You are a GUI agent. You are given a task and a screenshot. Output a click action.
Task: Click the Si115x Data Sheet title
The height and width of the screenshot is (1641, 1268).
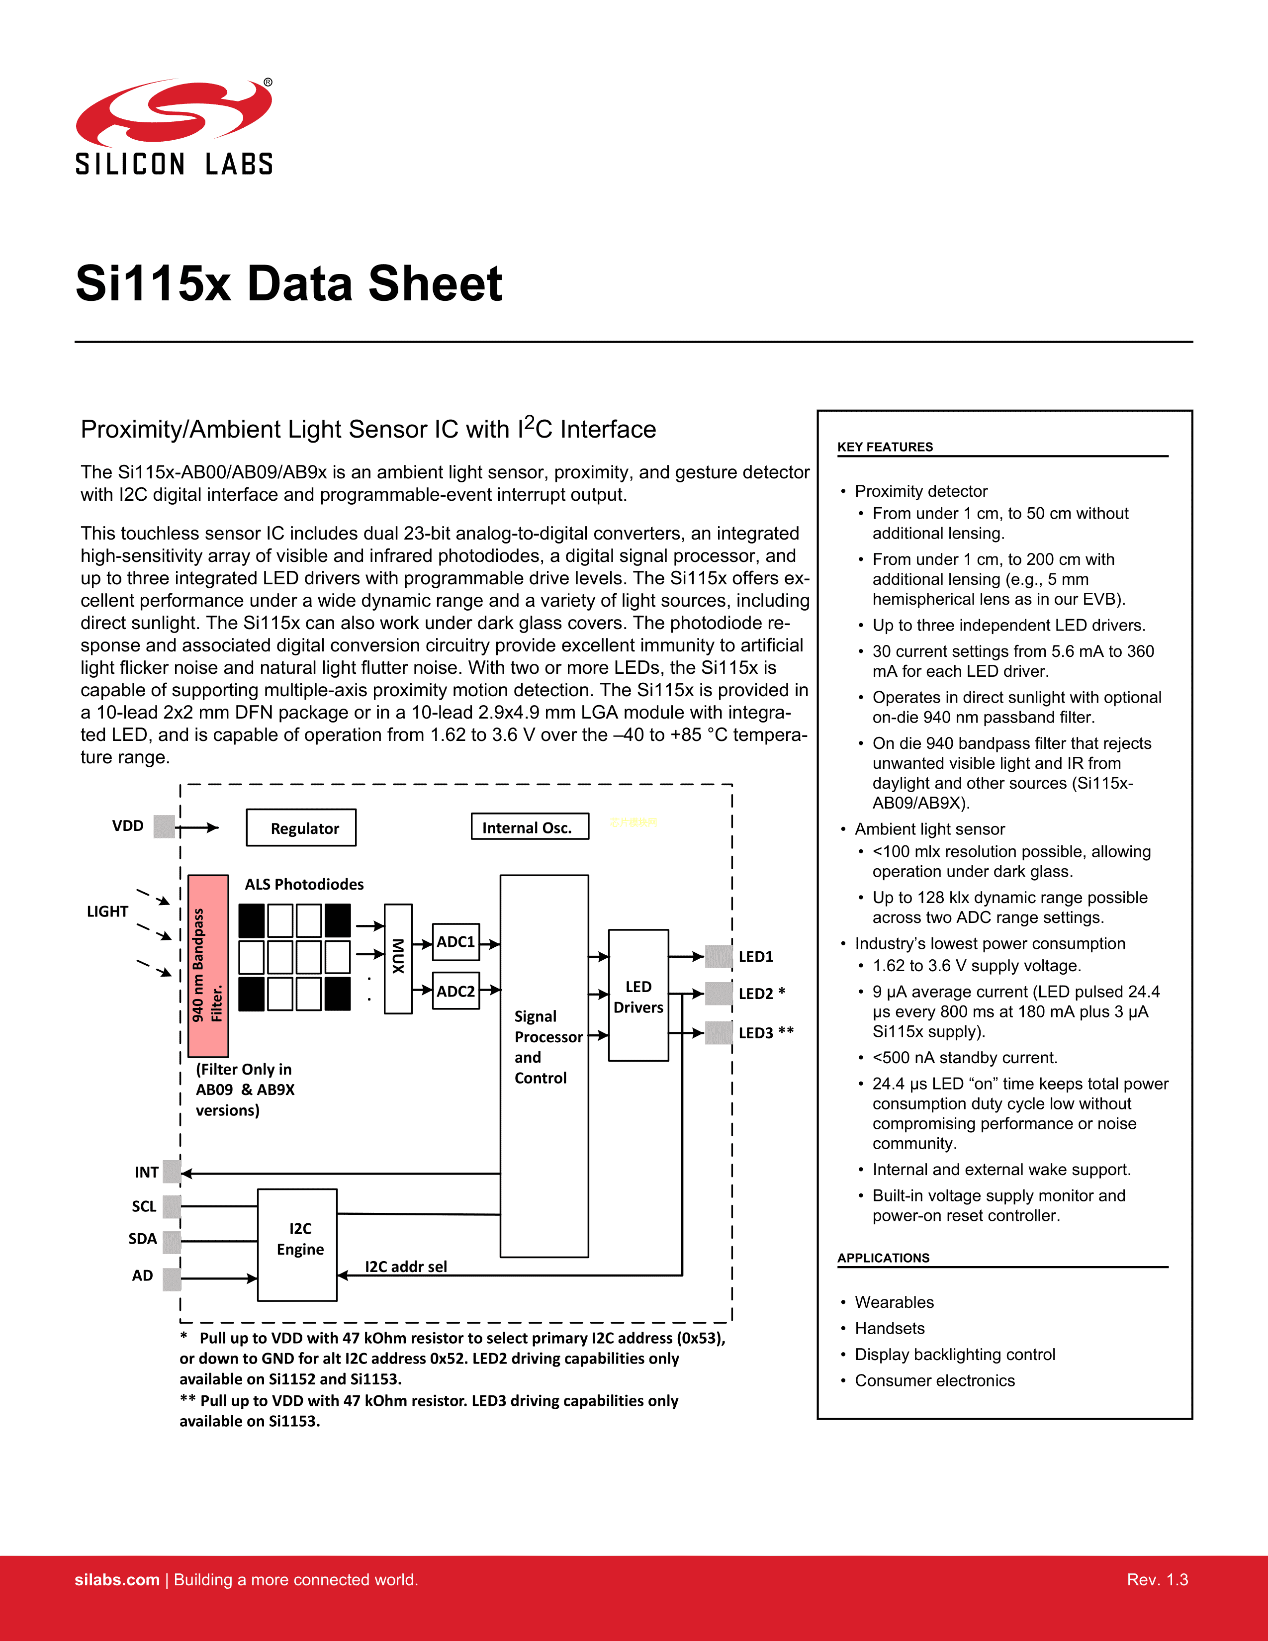coord(289,284)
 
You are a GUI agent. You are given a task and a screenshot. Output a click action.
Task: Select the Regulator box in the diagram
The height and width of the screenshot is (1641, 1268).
coord(301,828)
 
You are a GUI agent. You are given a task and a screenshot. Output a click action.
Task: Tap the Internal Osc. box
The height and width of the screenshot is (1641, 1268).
coord(530,826)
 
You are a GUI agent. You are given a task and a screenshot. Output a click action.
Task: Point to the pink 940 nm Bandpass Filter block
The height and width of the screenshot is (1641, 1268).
coord(208,966)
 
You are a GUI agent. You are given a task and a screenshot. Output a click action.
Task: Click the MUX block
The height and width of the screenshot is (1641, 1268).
coord(398,959)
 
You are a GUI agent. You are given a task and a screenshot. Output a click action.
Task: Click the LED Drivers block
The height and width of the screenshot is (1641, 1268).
coord(638,996)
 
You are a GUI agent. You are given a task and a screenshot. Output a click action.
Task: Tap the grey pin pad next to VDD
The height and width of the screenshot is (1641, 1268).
coord(164,826)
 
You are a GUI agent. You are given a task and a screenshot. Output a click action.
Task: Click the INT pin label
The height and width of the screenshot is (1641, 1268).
coord(147,1172)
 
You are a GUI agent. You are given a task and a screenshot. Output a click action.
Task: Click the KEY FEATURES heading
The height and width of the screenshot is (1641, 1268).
coord(885,447)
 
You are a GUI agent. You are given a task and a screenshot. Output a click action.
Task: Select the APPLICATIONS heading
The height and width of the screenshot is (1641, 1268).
coord(884,1258)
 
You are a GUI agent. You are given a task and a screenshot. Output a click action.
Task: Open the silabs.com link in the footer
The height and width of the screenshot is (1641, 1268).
coord(117,1579)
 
